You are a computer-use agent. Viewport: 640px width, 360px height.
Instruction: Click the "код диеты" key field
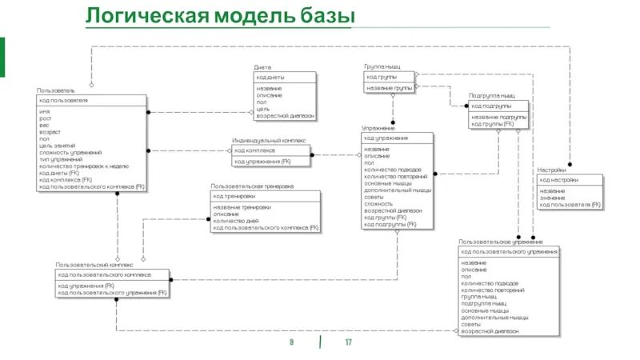point(270,77)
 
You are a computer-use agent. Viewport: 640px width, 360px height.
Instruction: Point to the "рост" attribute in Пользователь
point(45,118)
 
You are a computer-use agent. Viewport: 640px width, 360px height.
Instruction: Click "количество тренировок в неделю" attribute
point(84,166)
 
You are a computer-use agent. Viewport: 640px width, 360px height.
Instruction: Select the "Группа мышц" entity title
point(382,67)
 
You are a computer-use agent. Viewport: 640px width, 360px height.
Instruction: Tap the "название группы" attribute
point(390,87)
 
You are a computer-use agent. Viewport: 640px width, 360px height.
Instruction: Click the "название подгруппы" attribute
point(498,117)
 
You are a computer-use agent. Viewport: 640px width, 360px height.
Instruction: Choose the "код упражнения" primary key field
point(386,138)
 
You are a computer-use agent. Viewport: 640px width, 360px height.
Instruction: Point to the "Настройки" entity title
point(552,170)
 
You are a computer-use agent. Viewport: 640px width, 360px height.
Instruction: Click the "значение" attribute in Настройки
point(552,198)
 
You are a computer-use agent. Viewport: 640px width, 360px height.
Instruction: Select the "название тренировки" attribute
point(242,207)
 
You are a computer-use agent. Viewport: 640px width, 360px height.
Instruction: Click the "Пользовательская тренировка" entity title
point(252,186)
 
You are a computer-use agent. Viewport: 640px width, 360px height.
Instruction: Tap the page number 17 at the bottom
point(349,342)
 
